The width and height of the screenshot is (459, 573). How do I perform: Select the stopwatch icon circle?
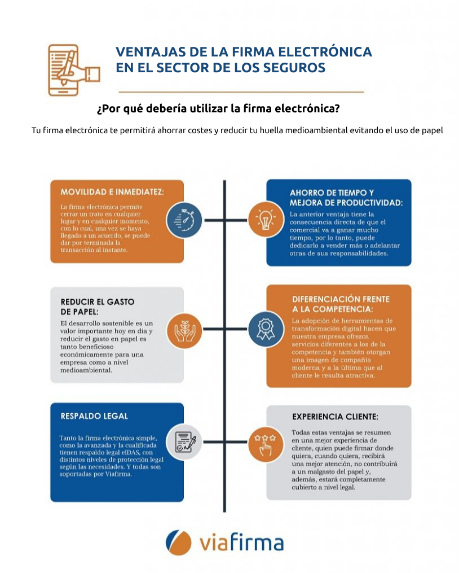185,220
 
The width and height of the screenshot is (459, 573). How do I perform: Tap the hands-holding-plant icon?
185,329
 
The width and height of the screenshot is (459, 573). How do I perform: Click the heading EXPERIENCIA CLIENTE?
335,417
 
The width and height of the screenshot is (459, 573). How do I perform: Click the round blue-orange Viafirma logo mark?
179,543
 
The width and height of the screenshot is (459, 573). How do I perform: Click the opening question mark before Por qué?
100,108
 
